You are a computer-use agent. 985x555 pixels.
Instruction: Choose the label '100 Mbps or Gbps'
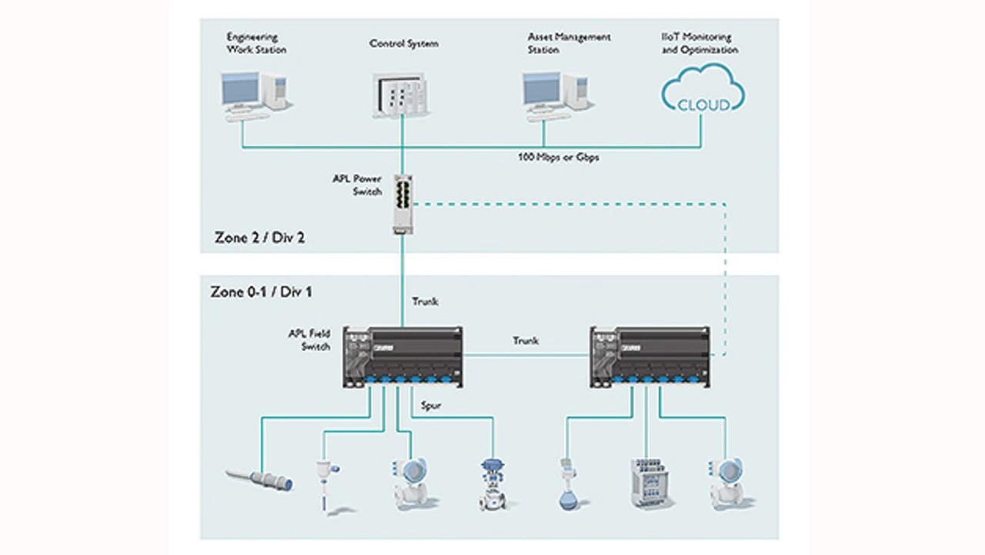click(x=558, y=157)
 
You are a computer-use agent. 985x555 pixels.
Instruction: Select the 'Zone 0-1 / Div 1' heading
click(x=262, y=292)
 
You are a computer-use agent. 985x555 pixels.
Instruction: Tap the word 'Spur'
click(x=432, y=406)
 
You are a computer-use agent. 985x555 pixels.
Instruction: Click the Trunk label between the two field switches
click(x=526, y=340)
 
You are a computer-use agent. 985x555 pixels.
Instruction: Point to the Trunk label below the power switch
click(x=425, y=301)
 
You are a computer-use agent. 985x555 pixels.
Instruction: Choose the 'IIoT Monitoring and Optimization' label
click(x=699, y=43)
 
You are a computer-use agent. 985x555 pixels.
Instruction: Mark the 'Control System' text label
click(x=403, y=44)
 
